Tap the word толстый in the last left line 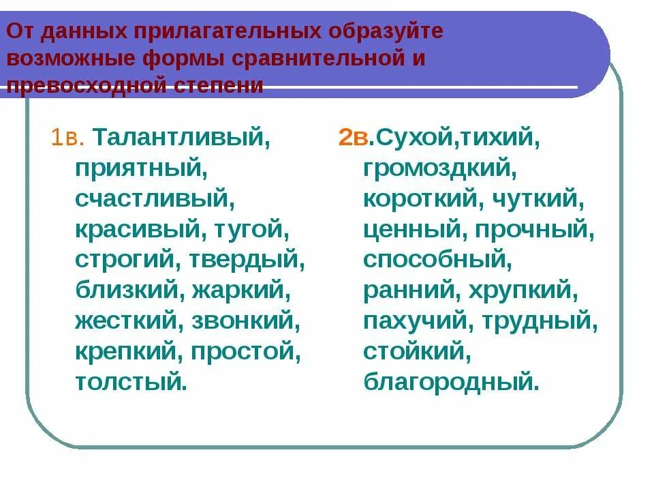click(x=129, y=380)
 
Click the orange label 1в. click(x=67, y=138)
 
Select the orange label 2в click(x=354, y=138)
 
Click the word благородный click(x=450, y=380)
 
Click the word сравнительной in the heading click(x=321, y=58)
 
